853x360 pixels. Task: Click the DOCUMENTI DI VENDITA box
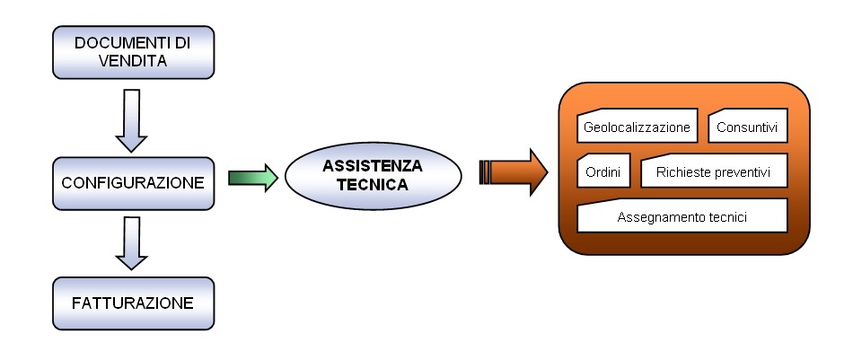(133, 53)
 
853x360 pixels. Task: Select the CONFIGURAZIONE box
(132, 182)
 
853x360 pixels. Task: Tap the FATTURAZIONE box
(132, 303)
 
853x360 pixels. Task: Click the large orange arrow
(515, 171)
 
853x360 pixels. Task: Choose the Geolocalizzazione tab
(637, 127)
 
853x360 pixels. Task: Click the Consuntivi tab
(748, 127)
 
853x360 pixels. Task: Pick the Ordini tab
(603, 171)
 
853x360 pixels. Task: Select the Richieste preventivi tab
(714, 171)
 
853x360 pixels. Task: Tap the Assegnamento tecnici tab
(682, 217)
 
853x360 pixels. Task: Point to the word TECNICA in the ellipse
(372, 185)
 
